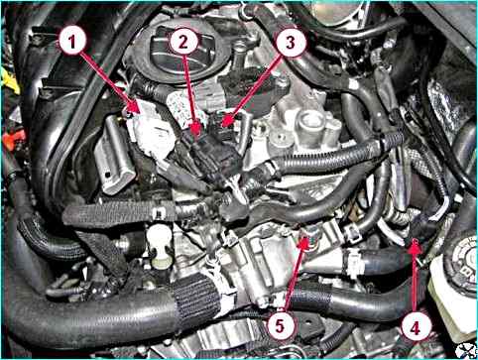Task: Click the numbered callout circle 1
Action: point(72,42)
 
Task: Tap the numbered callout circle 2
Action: point(183,42)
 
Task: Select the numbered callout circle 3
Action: point(290,42)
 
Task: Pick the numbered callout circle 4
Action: point(416,327)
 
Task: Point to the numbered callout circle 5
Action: point(280,325)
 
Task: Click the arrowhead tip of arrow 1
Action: point(140,113)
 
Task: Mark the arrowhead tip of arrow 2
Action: point(197,134)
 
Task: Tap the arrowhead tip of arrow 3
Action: point(222,127)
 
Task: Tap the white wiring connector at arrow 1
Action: point(152,132)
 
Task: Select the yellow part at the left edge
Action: point(9,81)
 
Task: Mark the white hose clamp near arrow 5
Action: point(352,262)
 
